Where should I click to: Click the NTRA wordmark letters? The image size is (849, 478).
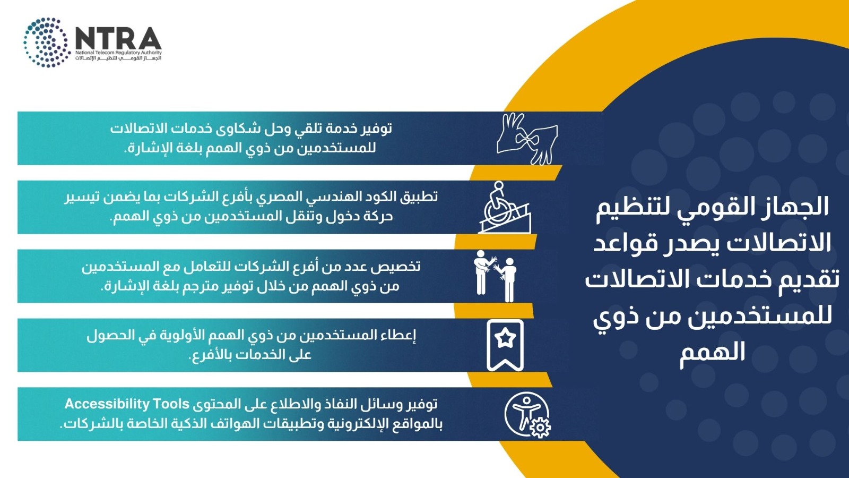[x=118, y=38]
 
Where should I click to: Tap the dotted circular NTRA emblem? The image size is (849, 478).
[x=47, y=42]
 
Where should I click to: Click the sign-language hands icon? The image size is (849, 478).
[x=527, y=139]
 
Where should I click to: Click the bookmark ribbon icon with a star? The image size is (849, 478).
[x=505, y=345]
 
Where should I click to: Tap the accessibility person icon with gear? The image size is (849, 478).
[x=527, y=415]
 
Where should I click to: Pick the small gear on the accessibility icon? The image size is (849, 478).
[x=540, y=428]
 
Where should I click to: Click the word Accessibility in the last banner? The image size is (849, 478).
[x=102, y=404]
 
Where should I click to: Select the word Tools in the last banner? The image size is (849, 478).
[x=166, y=404]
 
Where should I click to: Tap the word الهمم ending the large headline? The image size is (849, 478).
[x=712, y=352]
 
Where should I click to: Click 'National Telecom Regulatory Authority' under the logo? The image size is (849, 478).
[x=118, y=53]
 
